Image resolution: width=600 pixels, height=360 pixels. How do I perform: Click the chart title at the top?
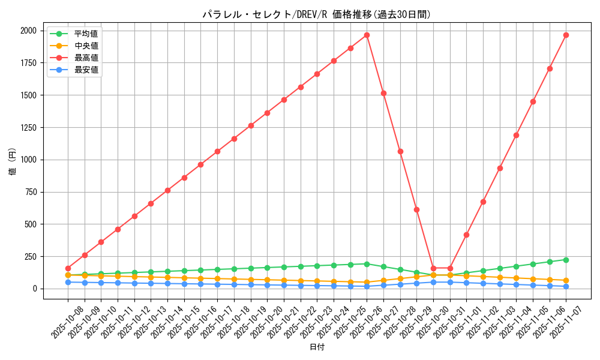[x=316, y=14]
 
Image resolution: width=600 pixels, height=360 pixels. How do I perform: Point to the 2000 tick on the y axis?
[x=28, y=31]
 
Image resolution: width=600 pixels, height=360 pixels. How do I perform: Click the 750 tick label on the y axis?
[x=30, y=192]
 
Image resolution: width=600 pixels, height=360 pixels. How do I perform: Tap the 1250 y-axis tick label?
[x=28, y=128]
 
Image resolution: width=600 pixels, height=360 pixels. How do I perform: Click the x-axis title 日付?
[x=316, y=347]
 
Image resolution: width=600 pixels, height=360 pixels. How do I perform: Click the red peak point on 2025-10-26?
[x=367, y=35]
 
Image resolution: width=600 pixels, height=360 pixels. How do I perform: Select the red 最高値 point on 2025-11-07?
[x=566, y=35]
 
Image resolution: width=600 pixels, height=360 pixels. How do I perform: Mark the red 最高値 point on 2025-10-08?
[x=68, y=268]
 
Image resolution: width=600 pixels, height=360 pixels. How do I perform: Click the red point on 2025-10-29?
[x=416, y=209]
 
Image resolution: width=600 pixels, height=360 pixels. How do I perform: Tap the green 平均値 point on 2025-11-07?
[x=566, y=260]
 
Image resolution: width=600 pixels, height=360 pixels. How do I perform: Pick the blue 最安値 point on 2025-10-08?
[x=68, y=282]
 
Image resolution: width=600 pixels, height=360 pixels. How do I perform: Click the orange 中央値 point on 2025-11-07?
[x=566, y=280]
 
